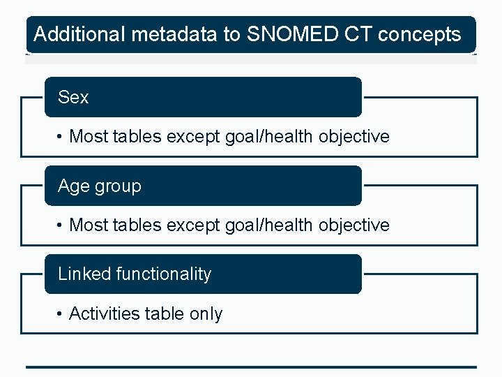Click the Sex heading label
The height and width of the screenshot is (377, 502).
[73, 98]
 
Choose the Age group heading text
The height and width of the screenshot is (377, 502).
[100, 186]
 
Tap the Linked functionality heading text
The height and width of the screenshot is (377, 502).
[135, 274]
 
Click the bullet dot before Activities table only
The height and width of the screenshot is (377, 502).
[61, 314]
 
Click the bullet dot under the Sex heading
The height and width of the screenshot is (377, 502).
[61, 137]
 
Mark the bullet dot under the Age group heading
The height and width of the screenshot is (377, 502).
[61, 226]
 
